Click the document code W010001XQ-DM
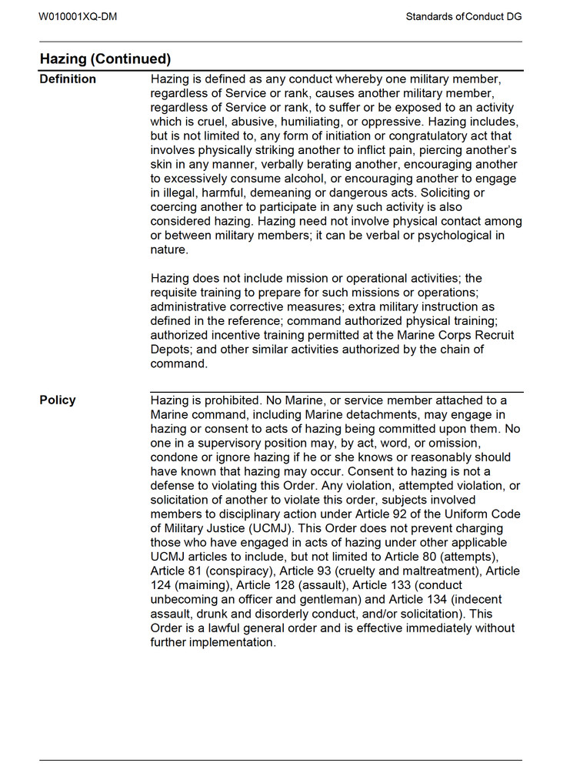pyautogui.click(x=78, y=16)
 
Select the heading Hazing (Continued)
pyautogui.click(x=105, y=59)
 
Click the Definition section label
pyautogui.click(x=68, y=79)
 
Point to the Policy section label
pyautogui.click(x=58, y=400)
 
